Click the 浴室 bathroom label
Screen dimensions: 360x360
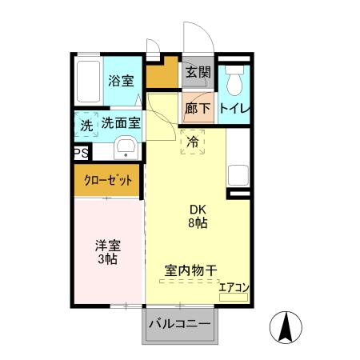click(x=121, y=80)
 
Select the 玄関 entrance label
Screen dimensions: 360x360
click(x=198, y=72)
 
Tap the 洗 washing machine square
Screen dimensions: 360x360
click(x=86, y=126)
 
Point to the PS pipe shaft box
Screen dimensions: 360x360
click(x=80, y=154)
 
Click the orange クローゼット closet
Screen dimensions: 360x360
click(x=108, y=180)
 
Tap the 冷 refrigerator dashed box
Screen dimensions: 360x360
click(x=192, y=142)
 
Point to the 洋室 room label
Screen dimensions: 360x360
click(x=106, y=246)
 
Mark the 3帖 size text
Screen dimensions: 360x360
click(x=106, y=260)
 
